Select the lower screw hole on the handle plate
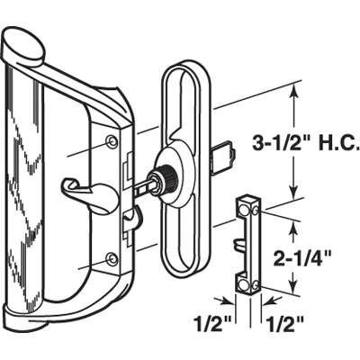click(x=111, y=259)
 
